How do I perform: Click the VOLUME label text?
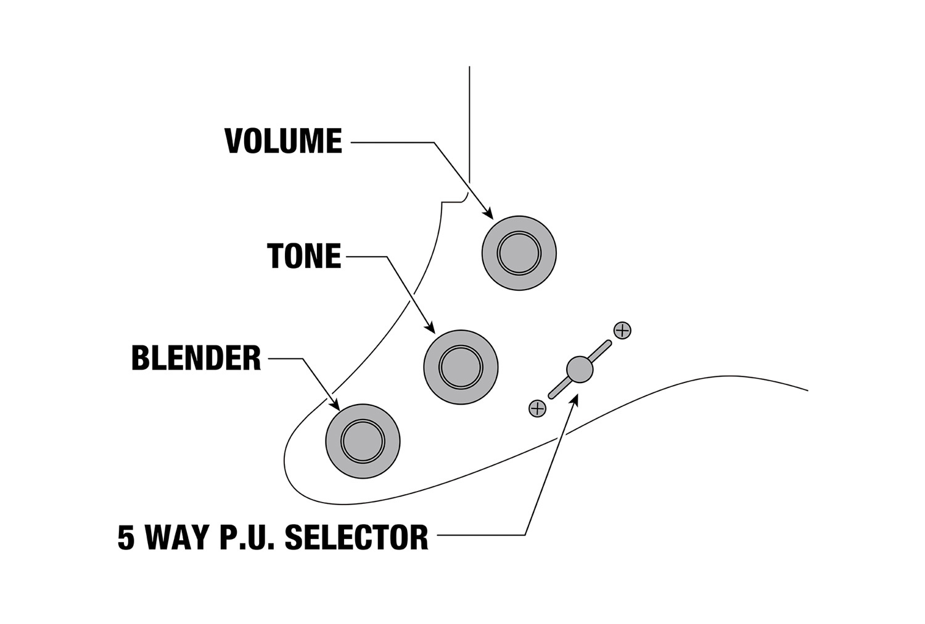(283, 142)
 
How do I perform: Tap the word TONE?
(304, 256)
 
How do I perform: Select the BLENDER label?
(196, 359)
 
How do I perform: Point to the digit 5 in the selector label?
(126, 537)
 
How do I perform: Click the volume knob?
(519, 253)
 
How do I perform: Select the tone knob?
(461, 367)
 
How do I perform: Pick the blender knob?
(363, 441)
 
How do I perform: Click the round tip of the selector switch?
(579, 369)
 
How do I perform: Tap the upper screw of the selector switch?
(622, 330)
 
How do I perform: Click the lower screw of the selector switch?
(537, 408)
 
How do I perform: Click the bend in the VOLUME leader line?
(434, 143)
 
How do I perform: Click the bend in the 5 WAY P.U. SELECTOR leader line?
(525, 534)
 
